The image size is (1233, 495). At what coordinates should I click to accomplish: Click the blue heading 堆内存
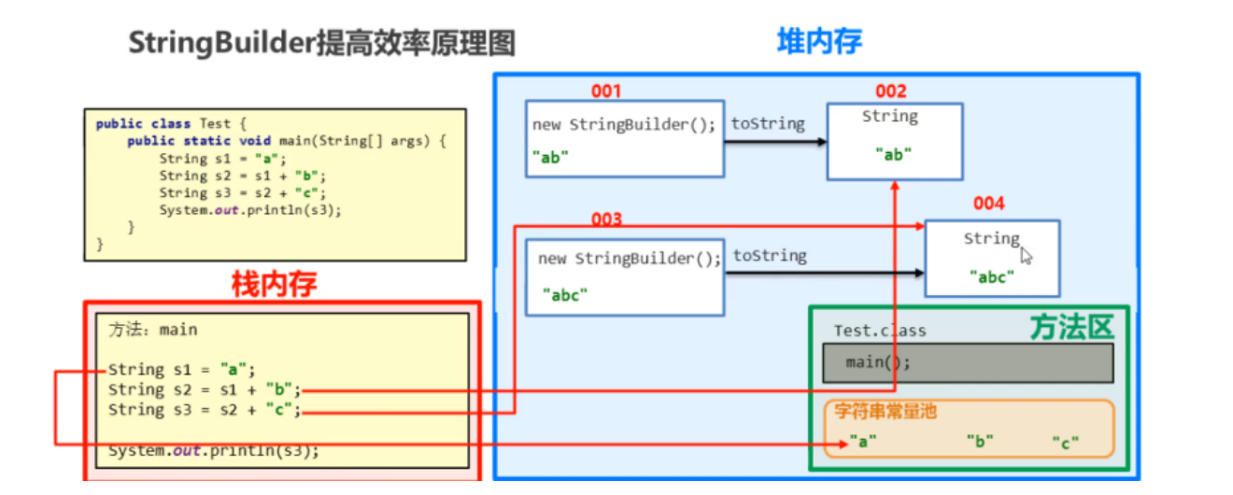point(819,41)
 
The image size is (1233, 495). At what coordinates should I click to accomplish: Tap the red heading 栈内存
point(274,284)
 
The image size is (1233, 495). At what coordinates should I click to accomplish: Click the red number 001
point(605,91)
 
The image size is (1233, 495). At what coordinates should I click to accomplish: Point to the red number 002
point(890,91)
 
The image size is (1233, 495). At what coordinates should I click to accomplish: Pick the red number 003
point(605,219)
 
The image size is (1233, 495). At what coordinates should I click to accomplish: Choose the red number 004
point(988,203)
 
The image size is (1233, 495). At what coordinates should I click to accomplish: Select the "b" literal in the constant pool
point(980,442)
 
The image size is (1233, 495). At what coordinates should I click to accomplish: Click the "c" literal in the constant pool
point(1065,442)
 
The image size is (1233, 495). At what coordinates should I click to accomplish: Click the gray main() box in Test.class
point(968,362)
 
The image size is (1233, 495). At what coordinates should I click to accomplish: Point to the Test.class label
point(880,331)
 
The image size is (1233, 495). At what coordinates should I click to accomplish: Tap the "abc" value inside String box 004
point(992,276)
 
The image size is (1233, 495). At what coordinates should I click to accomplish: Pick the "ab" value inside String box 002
point(894,155)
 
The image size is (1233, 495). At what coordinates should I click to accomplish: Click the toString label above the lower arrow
point(770,255)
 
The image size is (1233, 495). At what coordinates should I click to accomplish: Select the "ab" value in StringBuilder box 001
point(551,157)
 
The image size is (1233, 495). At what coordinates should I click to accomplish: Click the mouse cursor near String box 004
point(1027,256)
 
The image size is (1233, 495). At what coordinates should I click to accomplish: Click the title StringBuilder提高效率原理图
point(321,44)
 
